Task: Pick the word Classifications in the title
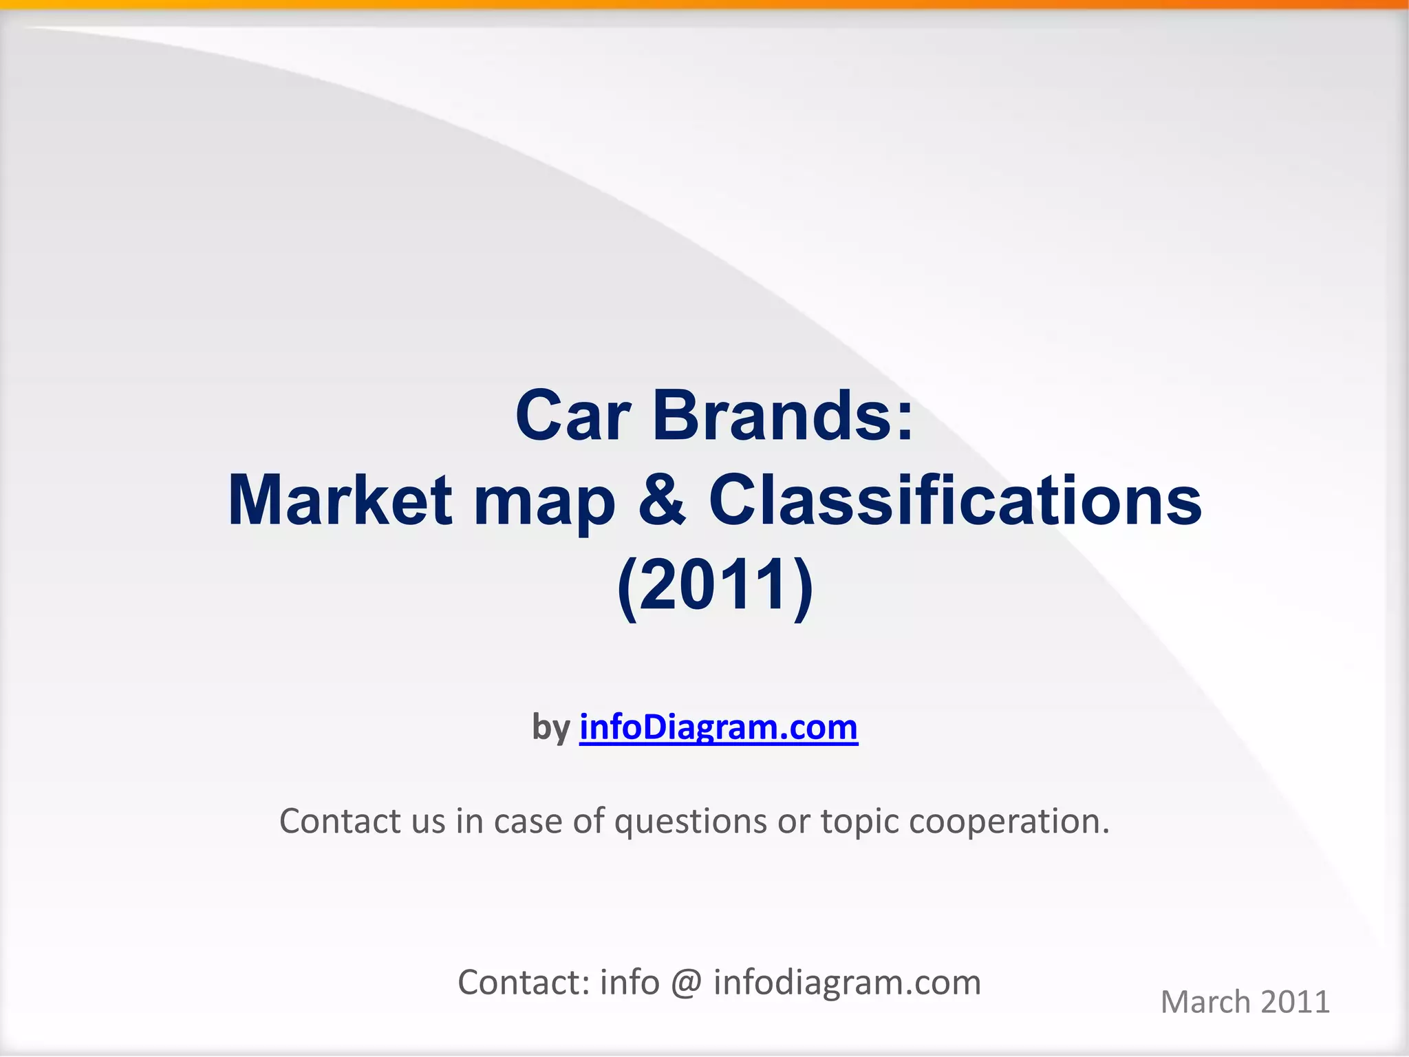[955, 500]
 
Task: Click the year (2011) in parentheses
[715, 584]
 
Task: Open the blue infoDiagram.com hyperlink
[718, 727]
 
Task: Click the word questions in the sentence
[690, 822]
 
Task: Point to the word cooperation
[1009, 822]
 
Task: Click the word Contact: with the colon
[524, 982]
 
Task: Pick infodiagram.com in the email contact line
[847, 983]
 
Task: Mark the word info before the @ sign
[630, 982]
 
